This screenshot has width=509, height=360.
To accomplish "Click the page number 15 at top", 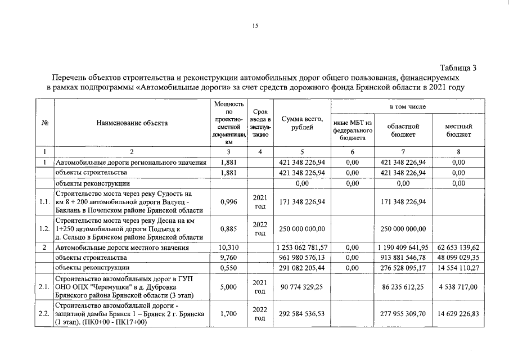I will tap(255, 25).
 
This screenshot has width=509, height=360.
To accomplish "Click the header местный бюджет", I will tap(458, 131).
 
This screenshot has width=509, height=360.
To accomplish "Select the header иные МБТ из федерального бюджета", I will tap(353, 130).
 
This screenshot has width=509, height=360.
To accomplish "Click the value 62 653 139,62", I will tap(458, 247).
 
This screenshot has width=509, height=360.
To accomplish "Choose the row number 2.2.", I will tap(44, 314).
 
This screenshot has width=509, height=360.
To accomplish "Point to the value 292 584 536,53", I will tap(303, 314).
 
